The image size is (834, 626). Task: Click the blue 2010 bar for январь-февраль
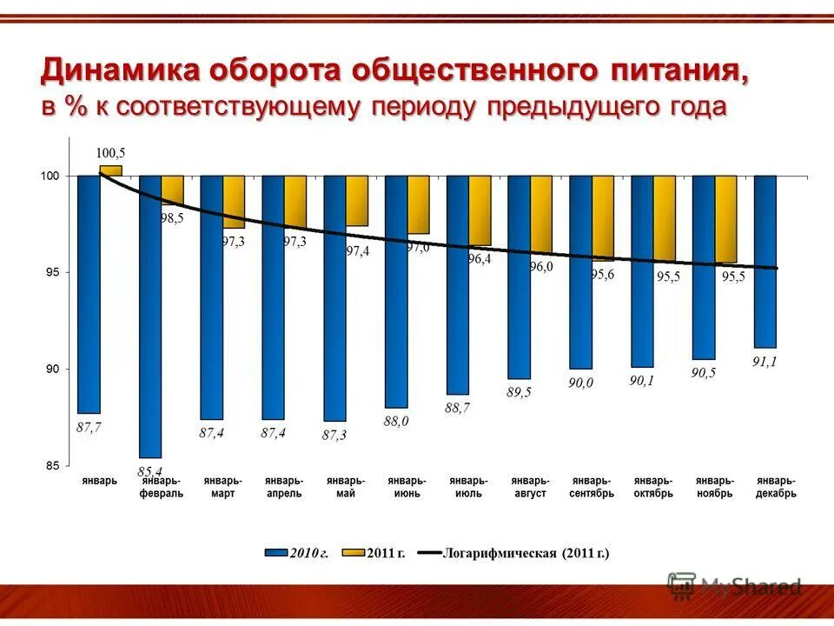click(150, 316)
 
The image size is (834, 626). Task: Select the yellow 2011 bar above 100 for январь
click(110, 170)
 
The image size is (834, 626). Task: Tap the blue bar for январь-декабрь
click(764, 261)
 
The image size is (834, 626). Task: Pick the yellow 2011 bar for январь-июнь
click(418, 204)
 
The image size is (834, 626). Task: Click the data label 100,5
click(110, 151)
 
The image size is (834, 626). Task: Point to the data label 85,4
click(150, 470)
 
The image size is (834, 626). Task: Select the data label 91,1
click(764, 362)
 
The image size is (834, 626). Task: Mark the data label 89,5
click(519, 392)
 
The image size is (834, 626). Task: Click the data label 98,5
click(172, 218)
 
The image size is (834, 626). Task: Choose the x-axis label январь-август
click(530, 487)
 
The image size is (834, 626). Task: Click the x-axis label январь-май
click(345, 487)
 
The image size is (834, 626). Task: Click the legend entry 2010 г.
click(308, 553)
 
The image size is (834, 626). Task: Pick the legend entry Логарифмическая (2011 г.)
click(526, 553)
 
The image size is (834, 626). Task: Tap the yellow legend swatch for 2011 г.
click(353, 553)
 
